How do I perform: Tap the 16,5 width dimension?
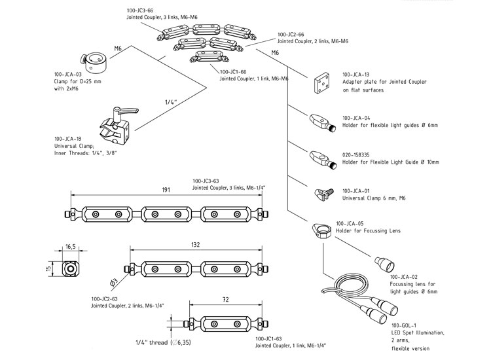(71, 247)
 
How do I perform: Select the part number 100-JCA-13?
(357, 75)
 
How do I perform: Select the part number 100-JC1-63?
(272, 338)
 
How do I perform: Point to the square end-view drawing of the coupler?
(70, 268)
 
